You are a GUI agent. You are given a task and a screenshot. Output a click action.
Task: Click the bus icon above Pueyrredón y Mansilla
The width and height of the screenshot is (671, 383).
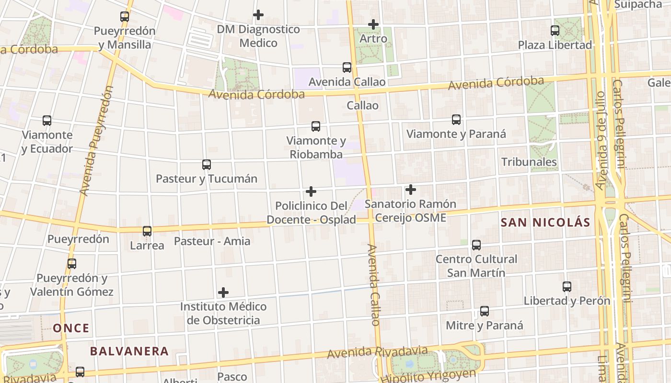coord(125,17)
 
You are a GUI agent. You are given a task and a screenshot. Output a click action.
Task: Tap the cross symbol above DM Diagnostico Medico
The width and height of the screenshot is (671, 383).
coord(258,15)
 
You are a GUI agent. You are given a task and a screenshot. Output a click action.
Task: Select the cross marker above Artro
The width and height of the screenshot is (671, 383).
coord(373,24)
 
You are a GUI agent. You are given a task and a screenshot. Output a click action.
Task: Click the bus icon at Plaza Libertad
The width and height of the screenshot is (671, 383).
coord(555,31)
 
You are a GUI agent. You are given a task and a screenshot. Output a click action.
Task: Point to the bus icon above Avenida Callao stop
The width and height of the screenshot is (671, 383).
coord(347,68)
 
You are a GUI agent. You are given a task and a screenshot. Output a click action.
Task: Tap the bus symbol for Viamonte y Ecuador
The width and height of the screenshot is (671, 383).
coord(47,121)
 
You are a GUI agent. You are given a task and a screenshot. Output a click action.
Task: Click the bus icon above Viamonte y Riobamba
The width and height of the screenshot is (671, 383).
coord(316,126)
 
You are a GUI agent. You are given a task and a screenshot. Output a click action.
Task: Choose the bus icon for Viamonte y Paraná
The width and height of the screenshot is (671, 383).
coord(456,120)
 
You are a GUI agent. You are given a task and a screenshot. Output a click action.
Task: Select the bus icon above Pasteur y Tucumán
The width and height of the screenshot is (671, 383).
coord(207,165)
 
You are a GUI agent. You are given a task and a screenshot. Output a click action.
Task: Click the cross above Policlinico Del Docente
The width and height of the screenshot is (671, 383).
coord(311,191)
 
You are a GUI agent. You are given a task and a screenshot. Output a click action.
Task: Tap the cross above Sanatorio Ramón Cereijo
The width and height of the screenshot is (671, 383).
coord(411,190)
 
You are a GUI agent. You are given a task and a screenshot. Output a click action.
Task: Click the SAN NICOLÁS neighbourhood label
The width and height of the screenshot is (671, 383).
coord(545,223)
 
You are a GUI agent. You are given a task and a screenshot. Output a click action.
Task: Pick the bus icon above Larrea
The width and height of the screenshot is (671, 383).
coord(147,231)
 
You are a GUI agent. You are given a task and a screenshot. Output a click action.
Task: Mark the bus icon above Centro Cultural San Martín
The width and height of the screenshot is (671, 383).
coord(476,245)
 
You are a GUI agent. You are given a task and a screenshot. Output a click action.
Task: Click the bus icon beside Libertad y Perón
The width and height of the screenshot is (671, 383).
coord(567,287)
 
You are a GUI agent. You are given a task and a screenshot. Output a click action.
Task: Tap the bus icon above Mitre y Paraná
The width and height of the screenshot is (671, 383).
coord(485,311)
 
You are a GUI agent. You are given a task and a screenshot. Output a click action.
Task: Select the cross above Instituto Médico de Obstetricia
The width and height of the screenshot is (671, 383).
coord(223,292)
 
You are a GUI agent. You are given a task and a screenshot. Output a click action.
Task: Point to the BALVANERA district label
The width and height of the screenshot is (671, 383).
coord(129,351)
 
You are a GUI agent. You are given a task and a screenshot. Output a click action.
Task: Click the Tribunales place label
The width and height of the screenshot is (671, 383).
coord(529,162)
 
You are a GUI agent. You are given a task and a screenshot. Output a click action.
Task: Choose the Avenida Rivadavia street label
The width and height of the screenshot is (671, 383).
coord(377,353)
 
